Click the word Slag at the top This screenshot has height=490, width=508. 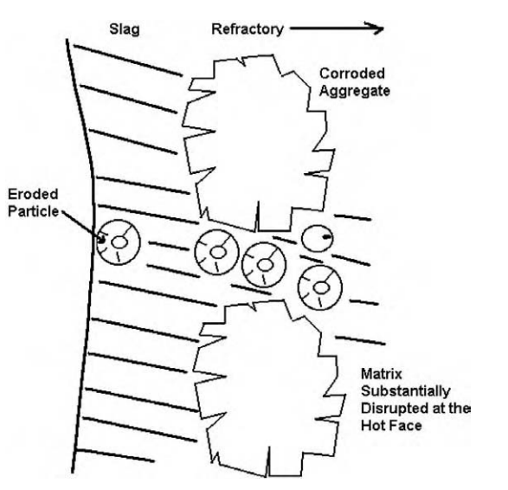point(125,29)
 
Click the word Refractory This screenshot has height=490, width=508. point(248,29)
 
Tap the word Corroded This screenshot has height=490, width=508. point(352,74)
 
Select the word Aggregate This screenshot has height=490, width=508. point(355,91)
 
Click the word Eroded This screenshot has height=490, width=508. point(33,194)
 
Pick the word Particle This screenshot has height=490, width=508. point(33,211)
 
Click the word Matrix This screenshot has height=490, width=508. point(382,374)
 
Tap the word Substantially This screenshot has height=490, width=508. point(406,391)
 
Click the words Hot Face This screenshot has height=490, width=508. point(391,425)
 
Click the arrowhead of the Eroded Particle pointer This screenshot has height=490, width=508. point(102,240)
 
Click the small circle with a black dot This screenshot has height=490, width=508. point(318,238)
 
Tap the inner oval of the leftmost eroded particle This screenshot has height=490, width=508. point(119,242)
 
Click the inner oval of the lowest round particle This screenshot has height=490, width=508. point(321,287)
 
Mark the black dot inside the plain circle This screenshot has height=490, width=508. point(327,237)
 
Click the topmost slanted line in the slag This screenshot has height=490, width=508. point(128,61)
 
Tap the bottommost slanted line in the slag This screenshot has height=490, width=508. point(115,455)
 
